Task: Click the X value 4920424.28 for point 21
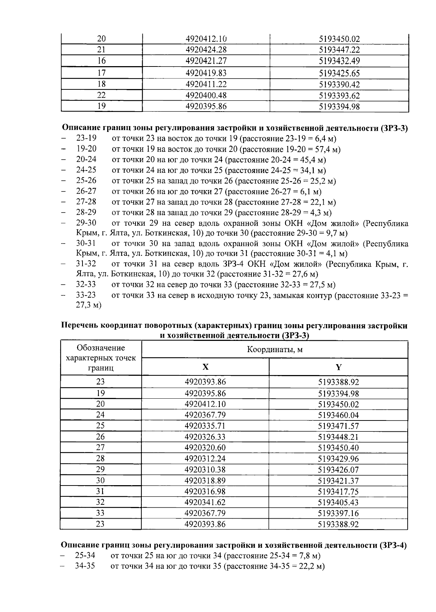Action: click(x=206, y=49)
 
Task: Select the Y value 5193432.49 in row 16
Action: click(x=339, y=61)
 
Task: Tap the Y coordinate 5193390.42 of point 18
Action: click(x=339, y=84)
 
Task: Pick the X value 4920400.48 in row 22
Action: click(x=206, y=95)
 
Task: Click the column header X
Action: click(x=205, y=367)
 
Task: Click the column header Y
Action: click(x=338, y=367)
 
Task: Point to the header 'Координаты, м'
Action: click(x=275, y=350)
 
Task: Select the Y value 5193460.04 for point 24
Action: click(x=338, y=415)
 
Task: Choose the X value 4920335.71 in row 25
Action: click(x=205, y=426)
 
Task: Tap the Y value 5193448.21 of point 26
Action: click(x=338, y=437)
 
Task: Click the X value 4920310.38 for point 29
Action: click(x=205, y=470)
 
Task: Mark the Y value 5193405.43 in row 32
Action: click(x=338, y=502)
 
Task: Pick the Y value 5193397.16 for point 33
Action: click(x=338, y=513)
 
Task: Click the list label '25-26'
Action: click(x=86, y=181)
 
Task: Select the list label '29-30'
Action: click(x=86, y=223)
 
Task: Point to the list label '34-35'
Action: click(x=85, y=566)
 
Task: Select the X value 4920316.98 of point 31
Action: click(x=205, y=491)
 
